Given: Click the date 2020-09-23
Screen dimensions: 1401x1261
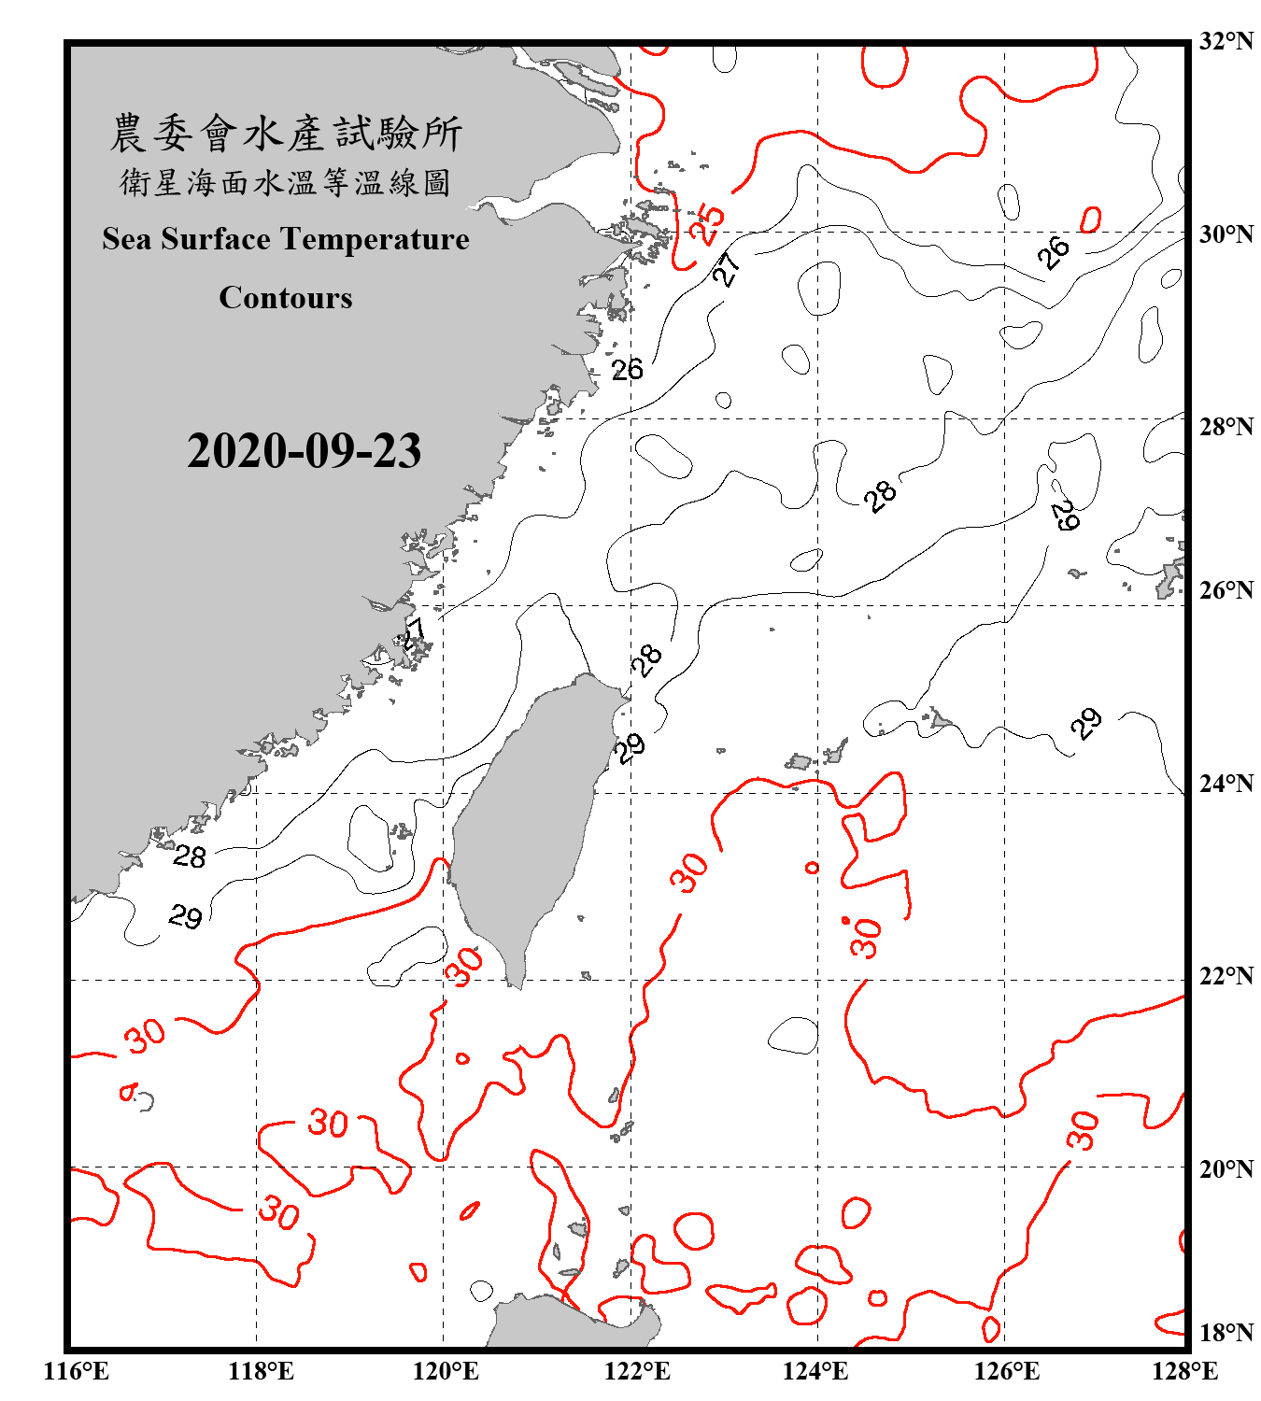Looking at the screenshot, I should click(304, 451).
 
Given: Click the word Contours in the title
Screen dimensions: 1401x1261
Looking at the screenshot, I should click(286, 298).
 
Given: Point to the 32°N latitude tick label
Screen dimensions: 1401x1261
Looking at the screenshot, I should click(1226, 41).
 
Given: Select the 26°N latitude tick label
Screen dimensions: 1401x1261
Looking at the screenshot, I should click(1226, 590).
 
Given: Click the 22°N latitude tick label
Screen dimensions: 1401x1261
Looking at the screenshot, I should click(1226, 976).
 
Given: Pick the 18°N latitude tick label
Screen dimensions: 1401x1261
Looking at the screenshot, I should click(1226, 1333).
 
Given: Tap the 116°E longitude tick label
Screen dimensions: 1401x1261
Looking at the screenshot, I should click(76, 1371).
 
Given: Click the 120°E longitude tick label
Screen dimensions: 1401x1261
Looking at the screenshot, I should click(446, 1371).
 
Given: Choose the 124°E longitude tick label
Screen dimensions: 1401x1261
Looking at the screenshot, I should click(815, 1371).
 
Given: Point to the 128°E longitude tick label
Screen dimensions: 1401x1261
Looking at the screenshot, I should click(1184, 1371).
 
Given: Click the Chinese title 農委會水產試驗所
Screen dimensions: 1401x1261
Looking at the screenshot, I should click(286, 134).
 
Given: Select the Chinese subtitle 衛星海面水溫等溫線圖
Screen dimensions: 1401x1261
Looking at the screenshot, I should click(286, 182).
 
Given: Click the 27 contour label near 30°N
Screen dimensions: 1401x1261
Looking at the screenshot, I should click(727, 268).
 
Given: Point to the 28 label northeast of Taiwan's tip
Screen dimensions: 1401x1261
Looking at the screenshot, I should click(646, 659).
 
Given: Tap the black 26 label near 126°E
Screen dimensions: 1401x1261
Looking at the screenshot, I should click(1054, 252).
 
